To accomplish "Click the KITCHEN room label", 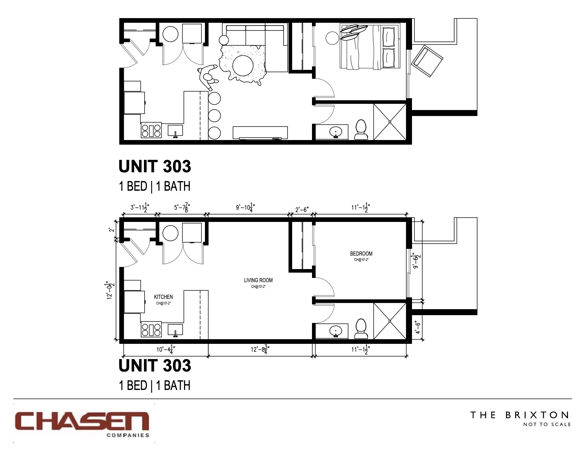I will (163, 297).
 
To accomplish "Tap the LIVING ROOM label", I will (258, 280).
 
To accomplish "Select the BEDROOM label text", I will (361, 253).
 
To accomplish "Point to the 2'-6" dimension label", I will (302, 209).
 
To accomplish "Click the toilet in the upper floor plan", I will (361, 130).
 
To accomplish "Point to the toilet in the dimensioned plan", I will (361, 329).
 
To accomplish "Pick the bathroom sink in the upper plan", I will (335, 132).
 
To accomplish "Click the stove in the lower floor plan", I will (151, 330).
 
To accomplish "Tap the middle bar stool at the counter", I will (214, 116).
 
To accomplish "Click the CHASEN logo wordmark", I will (82, 422).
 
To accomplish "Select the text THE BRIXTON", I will (519, 415).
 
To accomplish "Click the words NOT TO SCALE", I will (547, 424).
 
